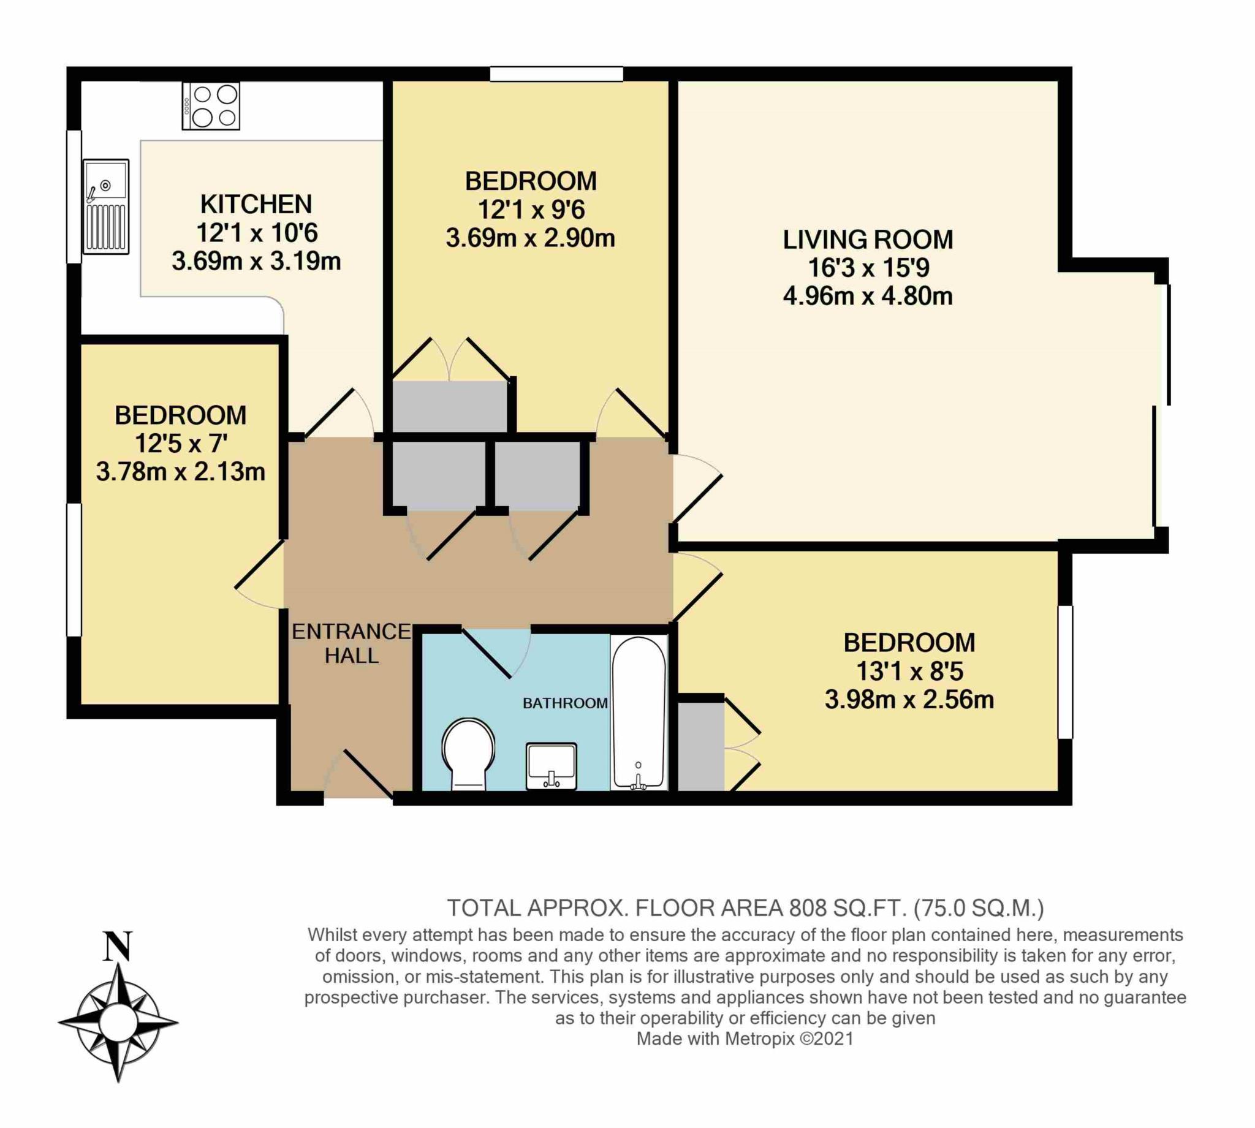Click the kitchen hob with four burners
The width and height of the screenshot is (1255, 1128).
211,105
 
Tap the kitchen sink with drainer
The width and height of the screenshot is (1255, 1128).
106,206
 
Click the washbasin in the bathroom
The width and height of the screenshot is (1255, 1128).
551,766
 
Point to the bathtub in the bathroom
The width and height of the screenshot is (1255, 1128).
639,713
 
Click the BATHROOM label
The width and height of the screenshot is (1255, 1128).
564,703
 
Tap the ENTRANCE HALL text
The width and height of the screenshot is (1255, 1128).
351,643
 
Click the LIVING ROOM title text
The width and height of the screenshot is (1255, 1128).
868,240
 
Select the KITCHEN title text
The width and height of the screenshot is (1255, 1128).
256,204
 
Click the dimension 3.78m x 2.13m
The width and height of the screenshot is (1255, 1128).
180,472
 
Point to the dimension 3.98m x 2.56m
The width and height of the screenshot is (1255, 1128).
909,700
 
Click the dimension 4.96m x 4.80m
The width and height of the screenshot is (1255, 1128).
868,297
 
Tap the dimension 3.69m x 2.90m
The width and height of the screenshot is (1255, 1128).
531,238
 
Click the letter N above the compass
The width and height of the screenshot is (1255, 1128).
117,947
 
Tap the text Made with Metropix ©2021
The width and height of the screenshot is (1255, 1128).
745,1039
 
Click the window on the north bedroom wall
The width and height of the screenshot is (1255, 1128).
556,74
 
